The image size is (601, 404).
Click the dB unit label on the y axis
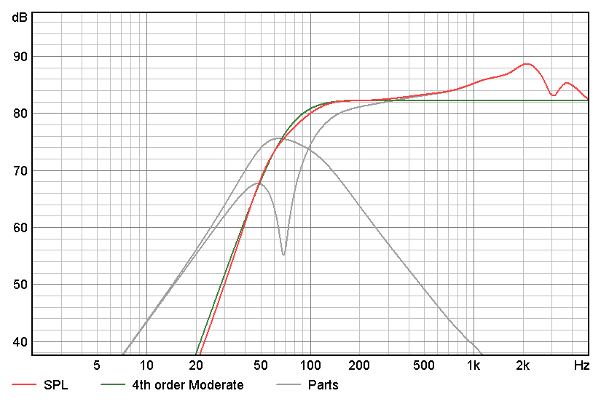coord(20,17)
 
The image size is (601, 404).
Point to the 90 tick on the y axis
coord(20,57)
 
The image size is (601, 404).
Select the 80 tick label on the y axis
coord(20,114)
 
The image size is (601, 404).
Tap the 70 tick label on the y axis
coord(20,171)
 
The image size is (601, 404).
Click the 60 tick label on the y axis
coord(20,228)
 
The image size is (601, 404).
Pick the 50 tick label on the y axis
coord(20,285)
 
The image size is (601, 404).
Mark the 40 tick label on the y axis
coord(20,342)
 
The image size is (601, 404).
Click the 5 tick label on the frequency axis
coord(97,364)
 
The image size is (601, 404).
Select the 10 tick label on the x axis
coord(146,364)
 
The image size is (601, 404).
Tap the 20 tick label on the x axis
coord(195,364)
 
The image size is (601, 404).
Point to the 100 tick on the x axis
coord(310,364)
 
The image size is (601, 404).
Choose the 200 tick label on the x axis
coord(359,364)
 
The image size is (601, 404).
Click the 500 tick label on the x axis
coord(424,364)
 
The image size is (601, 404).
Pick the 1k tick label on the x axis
coord(474,364)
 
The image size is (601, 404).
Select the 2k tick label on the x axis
coord(522,364)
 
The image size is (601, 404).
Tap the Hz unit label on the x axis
coord(581,364)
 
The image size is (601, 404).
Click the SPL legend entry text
coord(55,385)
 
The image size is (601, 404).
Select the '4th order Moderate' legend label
coord(188,385)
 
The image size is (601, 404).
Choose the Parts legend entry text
coord(323,385)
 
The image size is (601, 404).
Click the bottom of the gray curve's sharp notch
coord(283,254)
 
